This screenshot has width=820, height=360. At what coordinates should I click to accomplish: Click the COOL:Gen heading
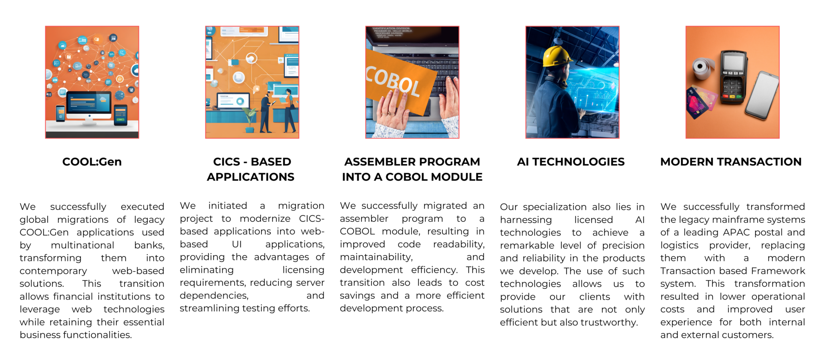point(92,162)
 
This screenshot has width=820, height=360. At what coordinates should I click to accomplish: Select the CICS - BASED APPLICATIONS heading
point(251,169)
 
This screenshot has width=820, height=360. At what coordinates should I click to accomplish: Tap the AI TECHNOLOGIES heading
point(571,162)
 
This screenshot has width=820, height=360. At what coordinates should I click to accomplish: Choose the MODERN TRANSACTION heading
point(731,162)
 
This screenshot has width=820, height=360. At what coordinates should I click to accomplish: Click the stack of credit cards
point(700,102)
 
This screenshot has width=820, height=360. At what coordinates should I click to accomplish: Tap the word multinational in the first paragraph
point(82,245)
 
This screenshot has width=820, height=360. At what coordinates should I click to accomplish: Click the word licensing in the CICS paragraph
point(303,270)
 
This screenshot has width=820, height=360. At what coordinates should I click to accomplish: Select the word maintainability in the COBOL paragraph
point(376,257)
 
